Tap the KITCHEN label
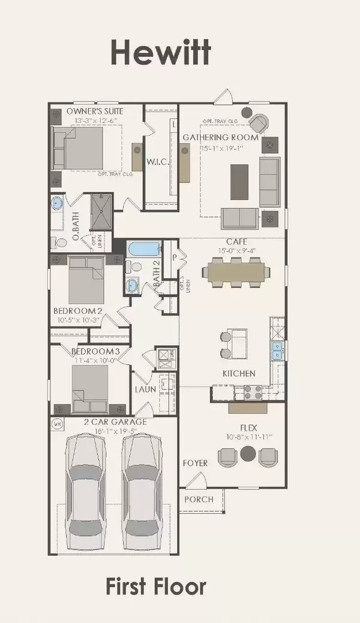pyautogui.click(x=239, y=373)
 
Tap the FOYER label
pyautogui.click(x=196, y=463)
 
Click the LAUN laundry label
pyautogui.click(x=146, y=389)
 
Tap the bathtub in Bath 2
pyautogui.click(x=142, y=248)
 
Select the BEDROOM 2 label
pyautogui.click(x=78, y=311)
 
